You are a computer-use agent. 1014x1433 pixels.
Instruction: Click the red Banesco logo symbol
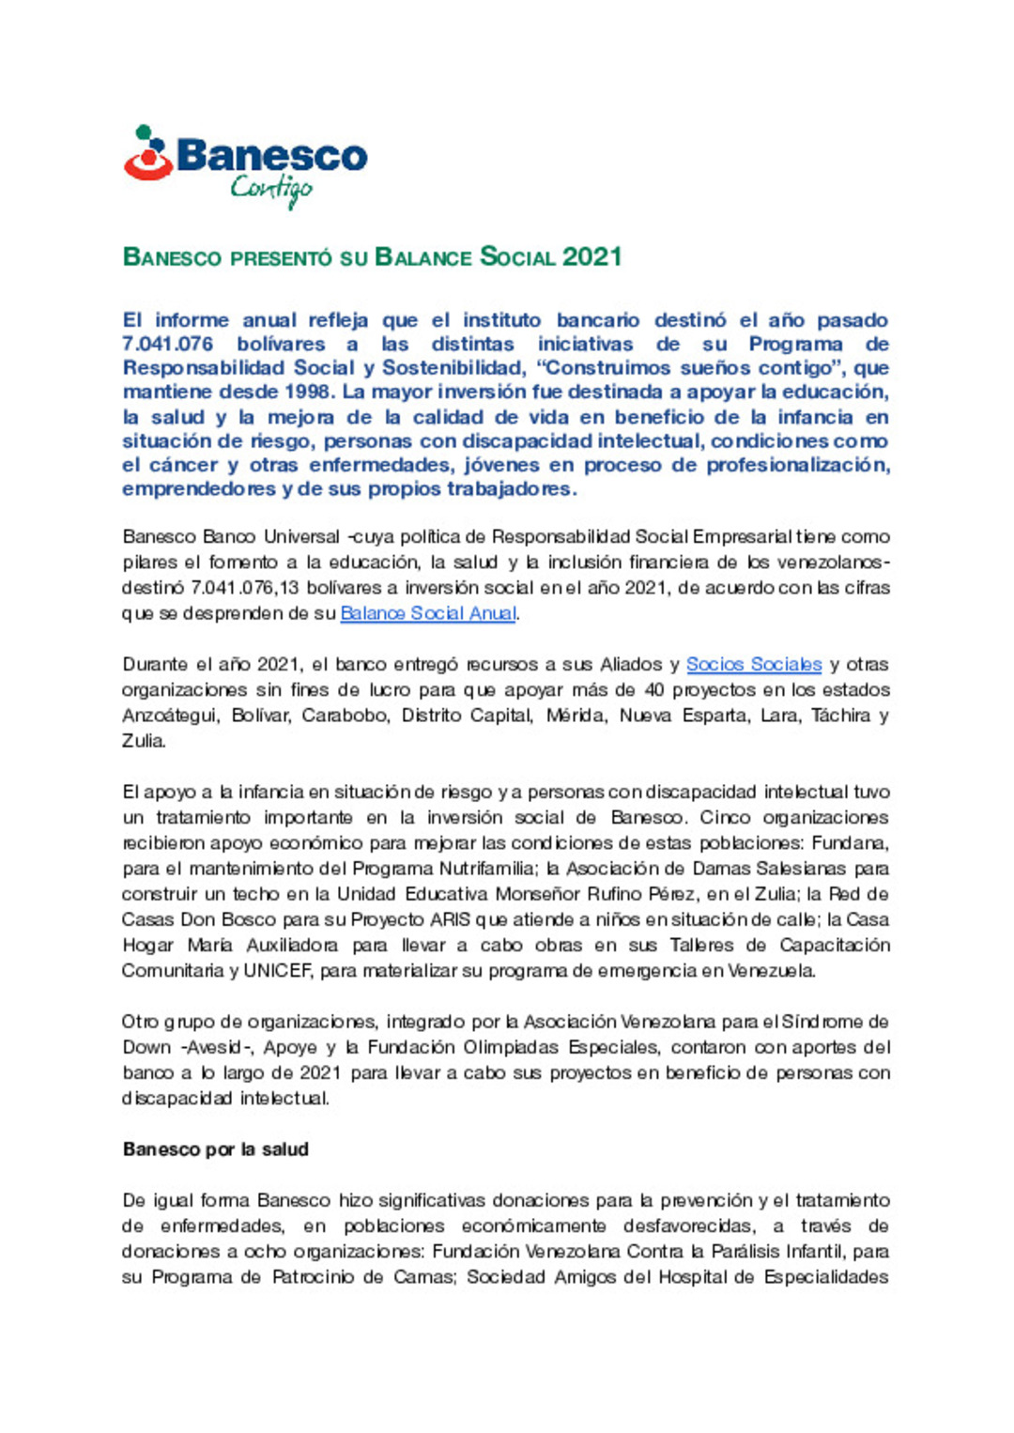pyautogui.click(x=148, y=155)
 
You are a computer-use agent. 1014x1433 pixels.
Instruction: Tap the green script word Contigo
pyautogui.click(x=271, y=190)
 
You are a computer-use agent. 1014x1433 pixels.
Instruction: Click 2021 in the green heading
pyautogui.click(x=592, y=256)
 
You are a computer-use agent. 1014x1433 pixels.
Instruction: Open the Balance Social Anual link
pyautogui.click(x=428, y=613)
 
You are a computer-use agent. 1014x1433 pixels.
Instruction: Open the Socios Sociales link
pyautogui.click(x=754, y=664)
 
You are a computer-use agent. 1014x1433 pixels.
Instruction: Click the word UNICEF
pyautogui.click(x=277, y=971)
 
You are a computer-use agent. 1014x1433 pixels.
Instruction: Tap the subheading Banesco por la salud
pyautogui.click(x=216, y=1149)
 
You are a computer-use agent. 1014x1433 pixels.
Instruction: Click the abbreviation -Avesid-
pyautogui.click(x=214, y=1048)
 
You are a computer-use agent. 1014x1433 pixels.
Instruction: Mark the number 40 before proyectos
pyautogui.click(x=653, y=690)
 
